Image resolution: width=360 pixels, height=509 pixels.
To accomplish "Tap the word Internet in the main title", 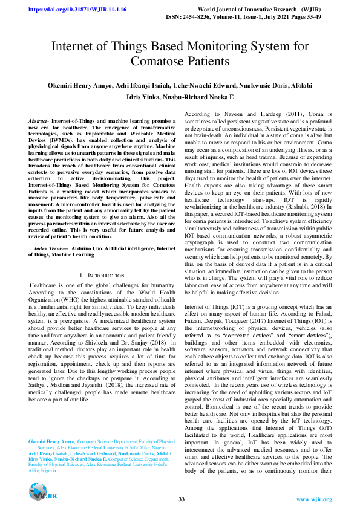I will [77, 47].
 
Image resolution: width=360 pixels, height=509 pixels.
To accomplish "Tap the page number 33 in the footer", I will [181, 499].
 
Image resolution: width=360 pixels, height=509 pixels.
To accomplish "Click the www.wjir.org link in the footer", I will [313, 499].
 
